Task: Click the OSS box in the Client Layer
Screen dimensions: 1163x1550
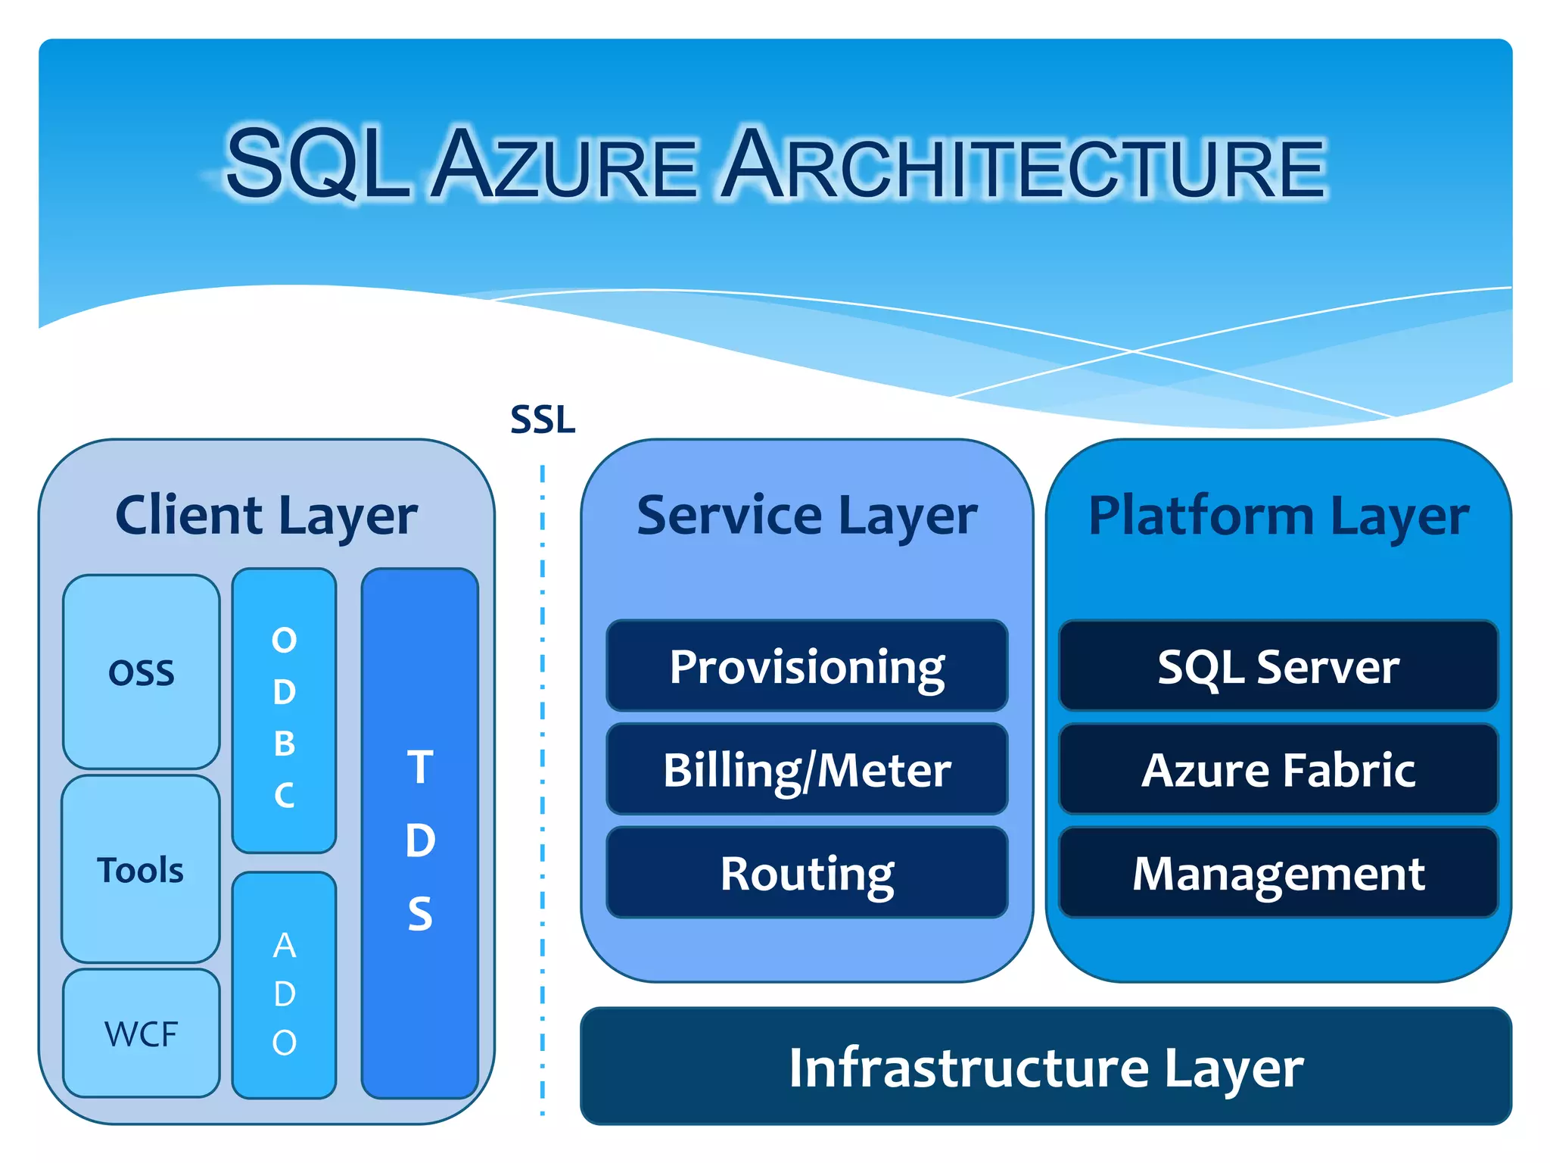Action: tap(142, 672)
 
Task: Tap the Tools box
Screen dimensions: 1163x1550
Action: tap(141, 869)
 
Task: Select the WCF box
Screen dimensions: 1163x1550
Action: tap(142, 1034)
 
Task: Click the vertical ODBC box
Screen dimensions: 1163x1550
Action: tap(284, 712)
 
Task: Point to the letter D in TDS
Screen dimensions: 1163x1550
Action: tap(420, 840)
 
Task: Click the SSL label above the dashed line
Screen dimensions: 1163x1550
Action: tap(543, 419)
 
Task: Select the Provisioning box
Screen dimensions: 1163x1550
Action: tap(807, 666)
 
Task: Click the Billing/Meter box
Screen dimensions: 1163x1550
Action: tap(807, 769)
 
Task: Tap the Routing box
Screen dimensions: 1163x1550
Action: tap(807, 873)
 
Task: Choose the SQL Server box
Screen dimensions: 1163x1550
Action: tap(1278, 666)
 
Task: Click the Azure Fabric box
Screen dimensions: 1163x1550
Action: tap(1278, 769)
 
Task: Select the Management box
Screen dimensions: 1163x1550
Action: tap(1278, 873)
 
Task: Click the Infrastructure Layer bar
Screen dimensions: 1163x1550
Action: tap(1046, 1066)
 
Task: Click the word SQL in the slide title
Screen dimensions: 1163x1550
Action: tap(318, 164)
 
